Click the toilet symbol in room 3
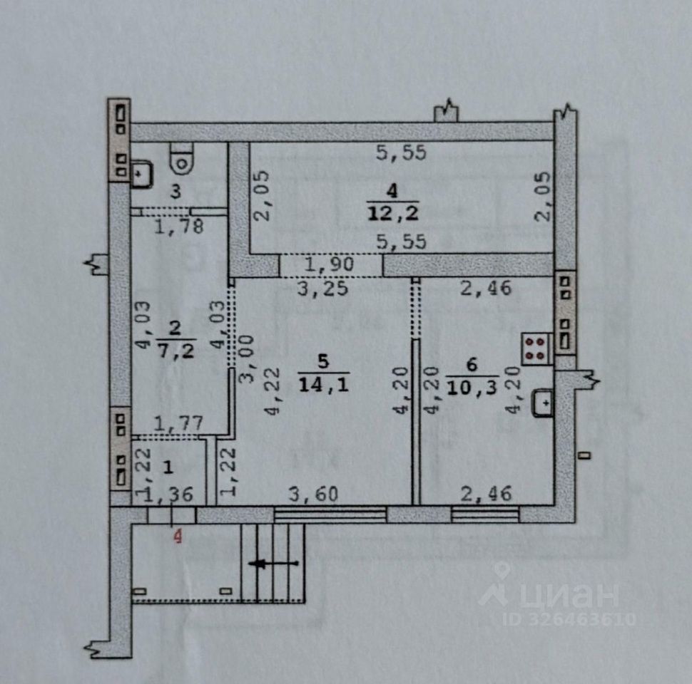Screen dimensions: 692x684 coord(182,157)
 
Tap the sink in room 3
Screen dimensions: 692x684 coord(141,173)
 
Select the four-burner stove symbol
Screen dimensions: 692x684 coord(536,349)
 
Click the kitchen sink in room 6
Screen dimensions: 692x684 coord(544,403)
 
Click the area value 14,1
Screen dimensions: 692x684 coord(323,383)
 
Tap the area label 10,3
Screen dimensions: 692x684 coord(472,388)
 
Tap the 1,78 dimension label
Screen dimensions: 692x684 coord(178,227)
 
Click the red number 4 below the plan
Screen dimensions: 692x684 coord(178,535)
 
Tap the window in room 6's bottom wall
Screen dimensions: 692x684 coord(485,514)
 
